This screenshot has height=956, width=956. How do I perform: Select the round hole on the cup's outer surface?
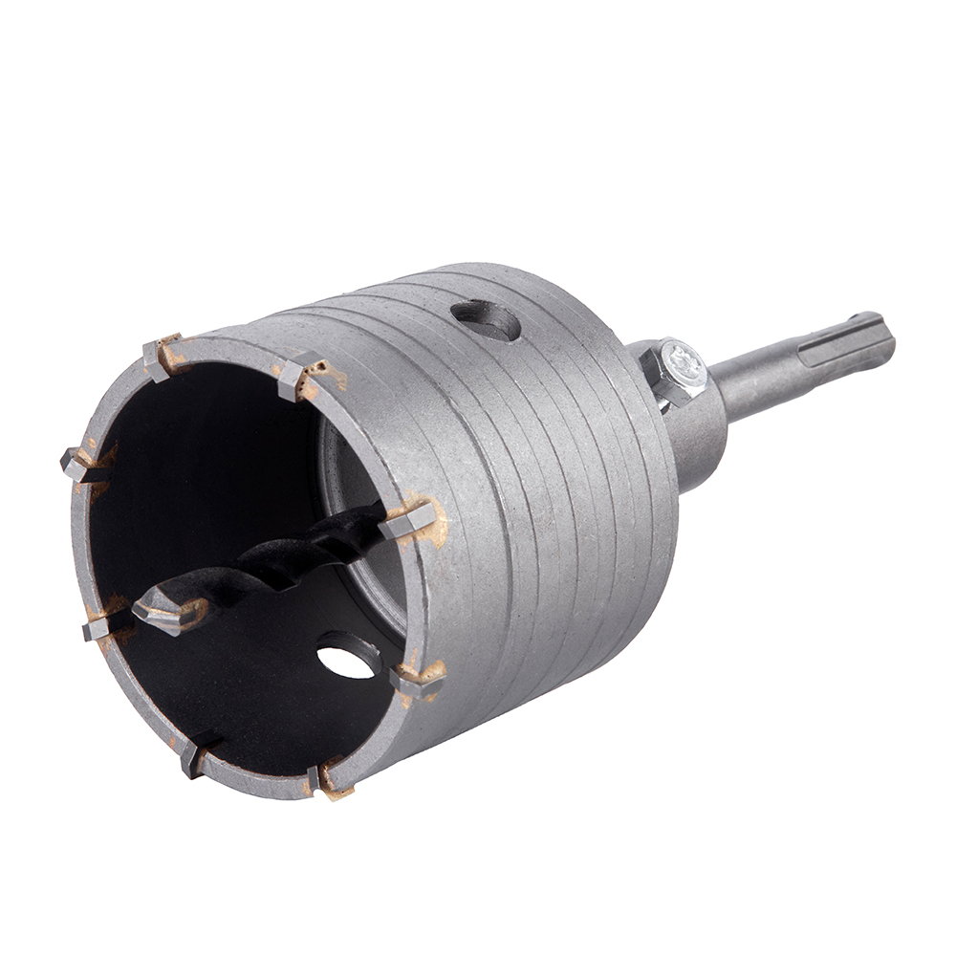486,320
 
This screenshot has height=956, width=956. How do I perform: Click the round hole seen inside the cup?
347,659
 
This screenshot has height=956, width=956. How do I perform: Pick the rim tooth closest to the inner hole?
419,680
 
